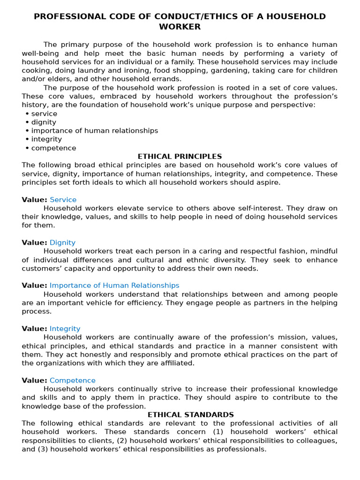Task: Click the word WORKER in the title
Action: pos(180,27)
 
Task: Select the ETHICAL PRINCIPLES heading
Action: pos(180,157)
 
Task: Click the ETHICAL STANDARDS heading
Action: pos(191,415)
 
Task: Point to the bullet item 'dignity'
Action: pos(44,122)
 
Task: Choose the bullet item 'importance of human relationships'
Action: pos(95,131)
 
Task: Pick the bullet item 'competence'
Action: pos(53,148)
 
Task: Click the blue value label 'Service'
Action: pos(63,200)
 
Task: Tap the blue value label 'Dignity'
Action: pos(62,243)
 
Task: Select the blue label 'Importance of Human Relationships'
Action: pos(114,285)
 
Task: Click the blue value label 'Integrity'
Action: pos(65,329)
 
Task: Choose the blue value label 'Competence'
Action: pos(73,381)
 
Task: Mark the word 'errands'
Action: pos(165,79)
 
